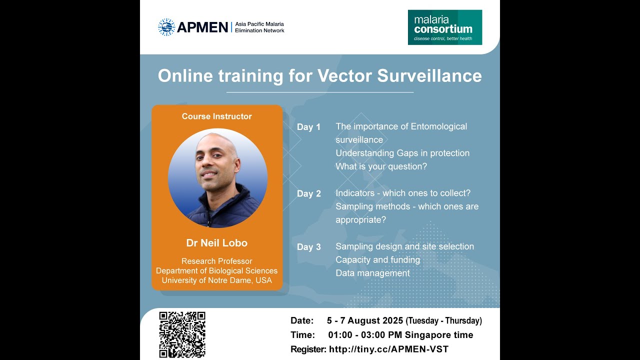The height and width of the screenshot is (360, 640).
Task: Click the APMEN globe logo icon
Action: (166, 27)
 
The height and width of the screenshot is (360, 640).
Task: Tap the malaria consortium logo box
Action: (444, 27)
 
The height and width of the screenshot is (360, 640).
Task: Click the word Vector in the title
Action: (344, 75)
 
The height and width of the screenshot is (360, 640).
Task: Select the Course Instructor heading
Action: (216, 116)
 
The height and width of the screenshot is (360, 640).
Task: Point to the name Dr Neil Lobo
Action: (216, 243)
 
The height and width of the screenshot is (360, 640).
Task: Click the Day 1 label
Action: (308, 127)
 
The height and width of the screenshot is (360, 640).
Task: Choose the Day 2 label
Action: (308, 193)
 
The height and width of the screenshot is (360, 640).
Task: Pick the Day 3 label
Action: (308, 247)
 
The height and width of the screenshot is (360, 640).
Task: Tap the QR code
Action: (182, 334)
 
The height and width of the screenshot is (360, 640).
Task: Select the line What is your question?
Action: (381, 166)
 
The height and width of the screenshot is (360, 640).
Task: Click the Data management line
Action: (372, 273)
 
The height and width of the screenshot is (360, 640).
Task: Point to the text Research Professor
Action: (216, 261)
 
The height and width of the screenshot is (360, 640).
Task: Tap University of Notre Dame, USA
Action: (216, 280)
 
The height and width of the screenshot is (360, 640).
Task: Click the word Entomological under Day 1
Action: (438, 126)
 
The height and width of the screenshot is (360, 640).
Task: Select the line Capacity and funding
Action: (377, 260)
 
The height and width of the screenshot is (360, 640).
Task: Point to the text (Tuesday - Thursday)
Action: (443, 321)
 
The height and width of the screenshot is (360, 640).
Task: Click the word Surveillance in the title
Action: (429, 75)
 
